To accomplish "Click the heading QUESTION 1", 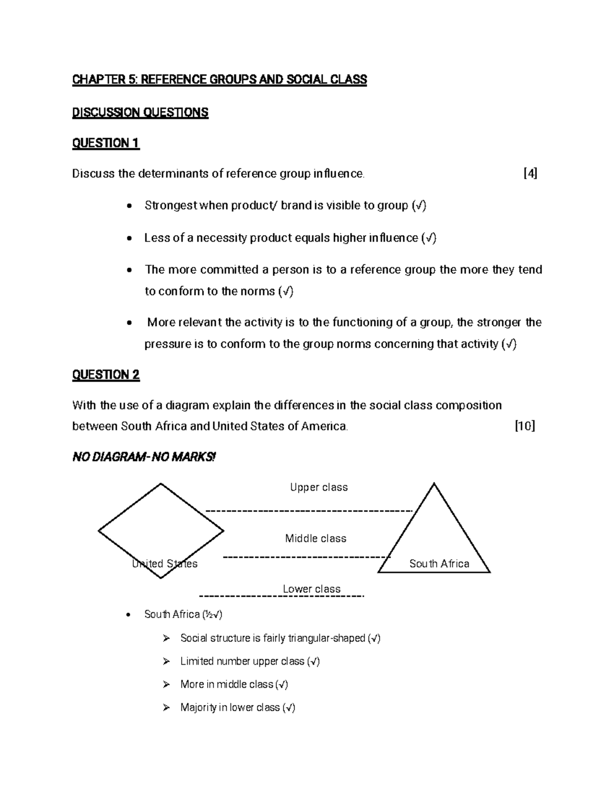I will click(105, 143).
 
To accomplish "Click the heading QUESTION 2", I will click(105, 375).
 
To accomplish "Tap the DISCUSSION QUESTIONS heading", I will click(140, 112).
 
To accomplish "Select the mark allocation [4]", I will click(530, 174).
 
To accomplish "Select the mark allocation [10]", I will click(525, 426).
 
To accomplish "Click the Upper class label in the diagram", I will click(319, 488).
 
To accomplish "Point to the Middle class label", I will click(316, 538).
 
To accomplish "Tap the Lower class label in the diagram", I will click(312, 589).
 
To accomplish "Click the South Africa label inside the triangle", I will click(439, 564).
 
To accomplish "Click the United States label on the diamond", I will click(165, 564).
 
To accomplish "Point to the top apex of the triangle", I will click(434, 484).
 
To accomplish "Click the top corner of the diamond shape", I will click(161, 484).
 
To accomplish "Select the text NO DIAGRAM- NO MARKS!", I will click(144, 457).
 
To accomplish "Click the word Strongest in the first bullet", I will click(170, 206).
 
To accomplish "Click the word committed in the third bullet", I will click(230, 269).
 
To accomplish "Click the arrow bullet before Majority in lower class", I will click(166, 708).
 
